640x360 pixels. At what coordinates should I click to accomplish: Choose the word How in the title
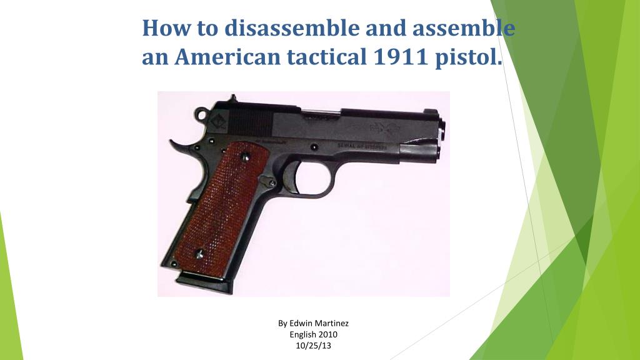[x=164, y=28]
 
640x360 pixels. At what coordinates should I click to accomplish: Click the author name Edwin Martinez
[x=313, y=323]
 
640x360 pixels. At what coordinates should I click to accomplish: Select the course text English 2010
[x=313, y=334]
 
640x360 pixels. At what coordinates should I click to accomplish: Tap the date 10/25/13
[x=313, y=346]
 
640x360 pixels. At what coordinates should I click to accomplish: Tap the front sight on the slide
[x=431, y=111]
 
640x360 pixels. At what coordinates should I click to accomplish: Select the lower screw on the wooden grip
[x=199, y=254]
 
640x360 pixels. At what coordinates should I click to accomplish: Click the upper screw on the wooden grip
[x=246, y=157]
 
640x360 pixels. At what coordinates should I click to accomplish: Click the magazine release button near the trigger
[x=272, y=182]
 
